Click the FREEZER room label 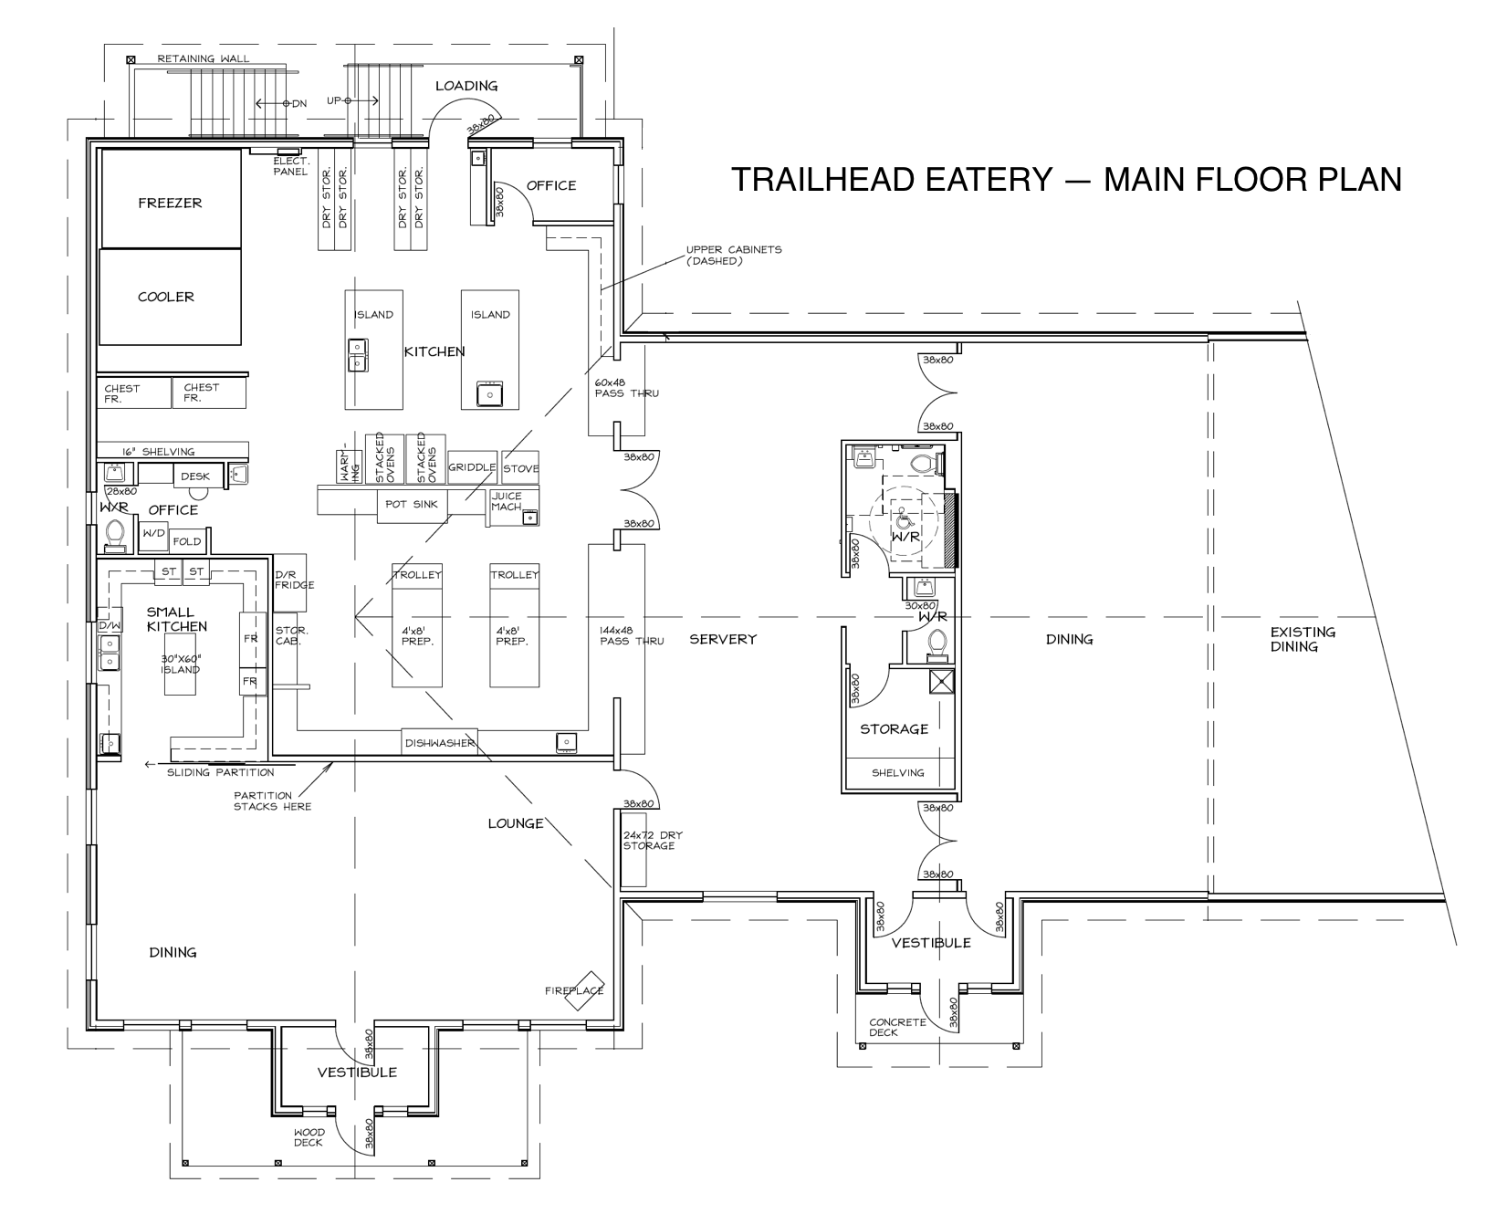pyautogui.click(x=170, y=203)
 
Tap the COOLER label pyautogui.click(x=166, y=297)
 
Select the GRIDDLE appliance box pyautogui.click(x=472, y=466)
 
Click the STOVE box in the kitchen pyautogui.click(x=520, y=467)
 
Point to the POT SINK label pyautogui.click(x=412, y=504)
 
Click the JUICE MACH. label pyautogui.click(x=507, y=501)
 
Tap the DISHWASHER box pyautogui.click(x=440, y=742)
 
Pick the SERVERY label pyautogui.click(x=723, y=639)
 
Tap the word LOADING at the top pyautogui.click(x=466, y=86)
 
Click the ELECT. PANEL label pyautogui.click(x=291, y=166)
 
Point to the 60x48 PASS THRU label pyautogui.click(x=626, y=388)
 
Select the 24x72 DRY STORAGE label pyautogui.click(x=652, y=840)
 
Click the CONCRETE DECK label pyautogui.click(x=896, y=1028)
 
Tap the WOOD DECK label pyautogui.click(x=309, y=1137)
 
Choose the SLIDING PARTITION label pyautogui.click(x=220, y=772)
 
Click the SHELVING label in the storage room pyautogui.click(x=897, y=772)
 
